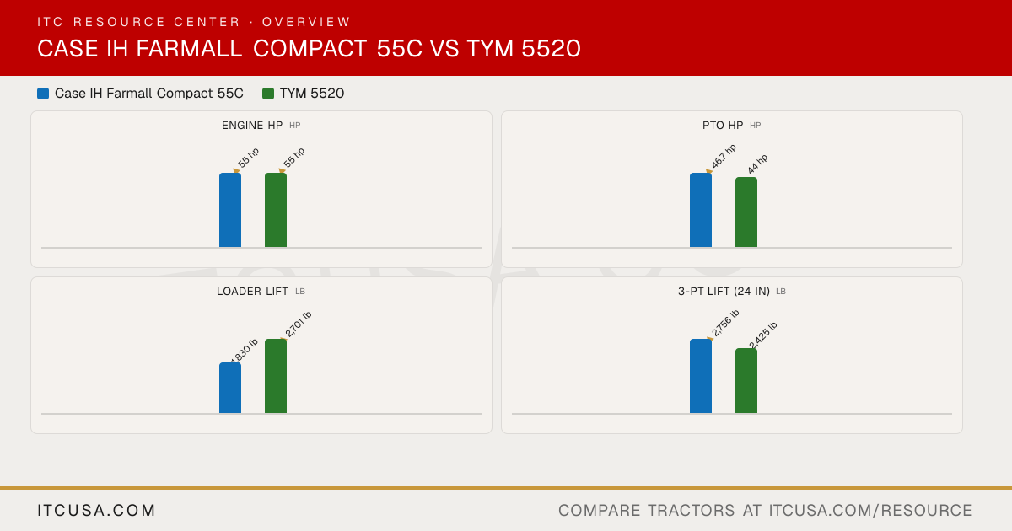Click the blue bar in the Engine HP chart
tap(230, 210)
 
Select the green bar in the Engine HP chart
tap(276, 210)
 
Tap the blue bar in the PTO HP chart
tap(701, 210)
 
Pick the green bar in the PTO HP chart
tap(746, 212)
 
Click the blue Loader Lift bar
tap(230, 388)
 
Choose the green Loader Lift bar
tap(276, 376)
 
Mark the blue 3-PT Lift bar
tap(701, 376)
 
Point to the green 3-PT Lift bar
tap(746, 381)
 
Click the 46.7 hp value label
tap(724, 156)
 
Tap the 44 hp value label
tap(757, 164)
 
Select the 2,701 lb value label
tap(299, 324)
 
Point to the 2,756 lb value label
tap(725, 323)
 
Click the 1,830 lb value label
tap(245, 351)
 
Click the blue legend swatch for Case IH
tap(43, 94)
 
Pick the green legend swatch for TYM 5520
tap(268, 94)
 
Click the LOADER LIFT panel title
tap(252, 292)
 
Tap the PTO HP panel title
tap(723, 125)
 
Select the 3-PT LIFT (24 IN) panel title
tap(724, 292)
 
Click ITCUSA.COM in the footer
tap(96, 510)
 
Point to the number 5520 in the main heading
tap(552, 48)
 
